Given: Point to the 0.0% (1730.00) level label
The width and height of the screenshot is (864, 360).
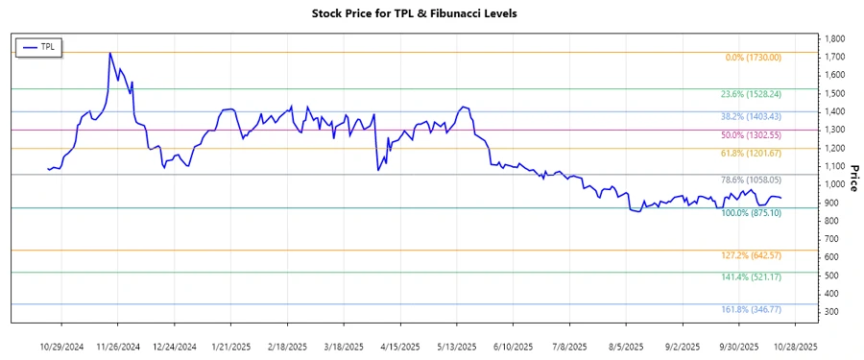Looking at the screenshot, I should pyautogui.click(x=753, y=58).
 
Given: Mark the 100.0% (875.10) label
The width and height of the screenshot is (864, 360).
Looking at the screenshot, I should pyautogui.click(x=751, y=213).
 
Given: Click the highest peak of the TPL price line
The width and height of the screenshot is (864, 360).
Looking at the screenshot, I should pyautogui.click(x=110, y=53).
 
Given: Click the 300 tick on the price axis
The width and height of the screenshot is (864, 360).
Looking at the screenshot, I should pyautogui.click(x=831, y=312).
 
